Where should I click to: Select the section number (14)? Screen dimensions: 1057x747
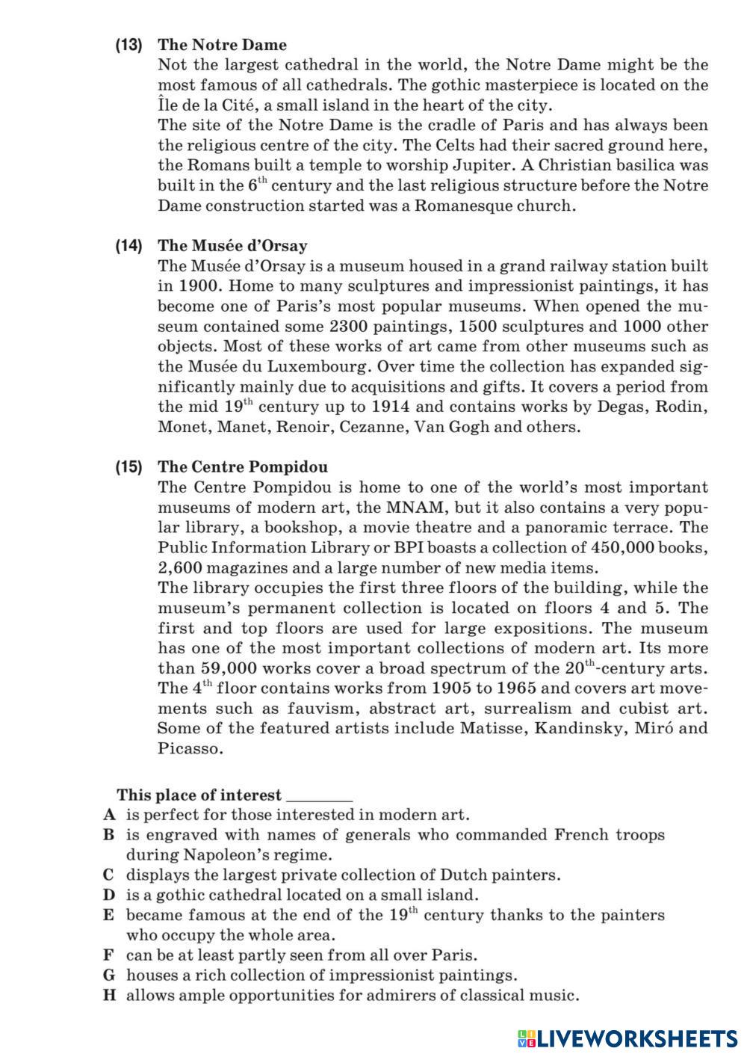(128, 246)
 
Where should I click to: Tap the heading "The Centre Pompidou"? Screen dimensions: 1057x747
(242, 467)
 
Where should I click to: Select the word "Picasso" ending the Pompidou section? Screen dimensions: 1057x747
(190, 749)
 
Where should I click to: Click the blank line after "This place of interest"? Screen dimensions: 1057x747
(319, 797)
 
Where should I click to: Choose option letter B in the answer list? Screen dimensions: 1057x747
(108, 835)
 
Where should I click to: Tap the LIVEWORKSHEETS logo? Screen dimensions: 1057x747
(627, 1038)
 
